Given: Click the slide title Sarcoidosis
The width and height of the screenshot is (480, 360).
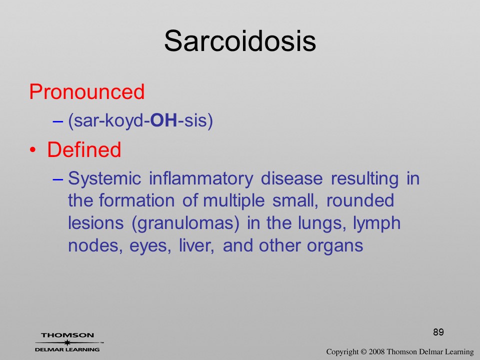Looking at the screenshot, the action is click(240, 41).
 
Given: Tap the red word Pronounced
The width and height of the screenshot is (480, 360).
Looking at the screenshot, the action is click(87, 91).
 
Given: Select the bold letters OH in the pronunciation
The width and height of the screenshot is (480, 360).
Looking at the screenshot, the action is click(164, 120).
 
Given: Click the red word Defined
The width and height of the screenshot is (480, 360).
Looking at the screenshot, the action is click(84, 149).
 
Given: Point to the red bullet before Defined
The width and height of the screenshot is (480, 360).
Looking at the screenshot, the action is click(33, 150).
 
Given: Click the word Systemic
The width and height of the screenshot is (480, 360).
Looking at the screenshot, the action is click(104, 179).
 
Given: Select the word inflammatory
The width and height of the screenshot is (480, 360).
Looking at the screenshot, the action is click(201, 179).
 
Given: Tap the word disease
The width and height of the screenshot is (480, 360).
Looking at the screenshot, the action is click(291, 178).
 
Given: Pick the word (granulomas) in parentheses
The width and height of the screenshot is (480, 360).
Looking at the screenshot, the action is click(185, 223).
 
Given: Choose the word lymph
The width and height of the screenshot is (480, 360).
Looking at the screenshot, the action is click(377, 223).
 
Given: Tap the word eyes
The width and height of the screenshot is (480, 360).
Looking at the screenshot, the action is click(150, 246).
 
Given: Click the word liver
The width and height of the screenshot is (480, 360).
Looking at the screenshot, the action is click(196, 245).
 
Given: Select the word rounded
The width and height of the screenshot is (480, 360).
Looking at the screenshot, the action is click(360, 201).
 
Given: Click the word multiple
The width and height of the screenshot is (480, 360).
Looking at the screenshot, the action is click(234, 201).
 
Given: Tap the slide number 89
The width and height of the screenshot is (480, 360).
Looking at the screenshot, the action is click(438, 332).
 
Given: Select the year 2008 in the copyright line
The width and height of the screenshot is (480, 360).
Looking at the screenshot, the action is click(376, 351).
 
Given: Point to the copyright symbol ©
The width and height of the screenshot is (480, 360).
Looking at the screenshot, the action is click(363, 352).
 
